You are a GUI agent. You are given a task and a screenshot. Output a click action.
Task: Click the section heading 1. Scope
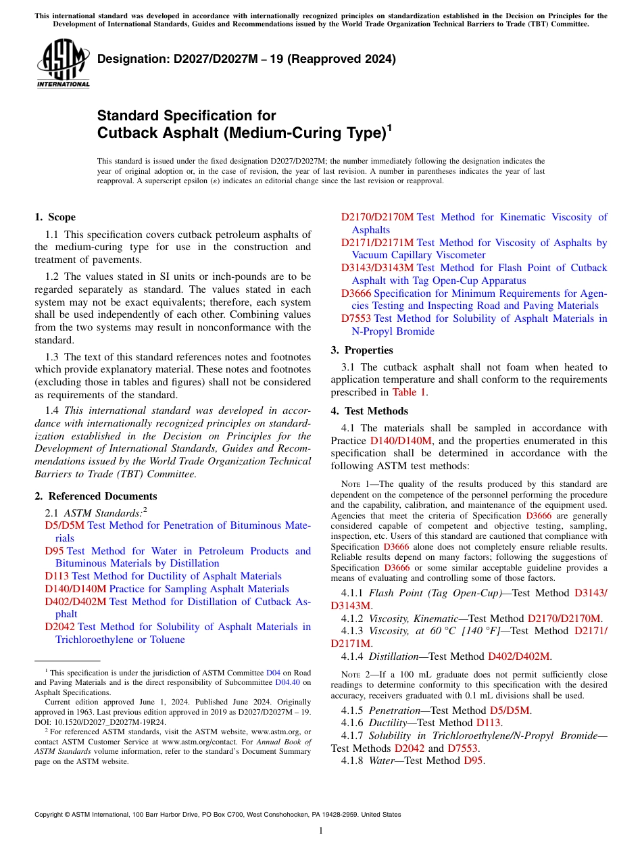[55, 217]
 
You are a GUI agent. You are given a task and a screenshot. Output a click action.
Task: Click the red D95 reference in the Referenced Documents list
[54, 551]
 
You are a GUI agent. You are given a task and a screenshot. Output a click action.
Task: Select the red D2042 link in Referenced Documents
[60, 627]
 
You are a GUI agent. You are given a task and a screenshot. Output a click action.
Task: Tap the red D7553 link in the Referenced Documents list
[356, 318]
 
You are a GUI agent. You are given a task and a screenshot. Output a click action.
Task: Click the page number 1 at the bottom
[321, 830]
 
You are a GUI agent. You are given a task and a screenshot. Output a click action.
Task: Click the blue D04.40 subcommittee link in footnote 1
[287, 673]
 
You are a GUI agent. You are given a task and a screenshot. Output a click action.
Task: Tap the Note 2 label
[353, 675]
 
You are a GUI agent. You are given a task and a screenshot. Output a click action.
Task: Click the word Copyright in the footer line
[51, 815]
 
